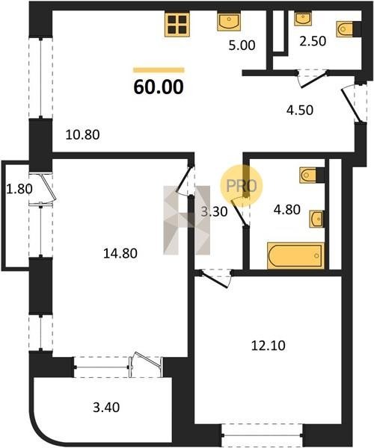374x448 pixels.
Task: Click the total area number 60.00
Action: tap(159, 87)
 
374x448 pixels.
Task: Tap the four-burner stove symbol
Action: tap(177, 25)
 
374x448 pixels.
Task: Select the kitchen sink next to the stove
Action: tap(229, 22)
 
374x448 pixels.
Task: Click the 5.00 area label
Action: tap(242, 46)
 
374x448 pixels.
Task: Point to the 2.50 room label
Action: tap(313, 41)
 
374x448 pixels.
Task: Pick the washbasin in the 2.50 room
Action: tap(303, 19)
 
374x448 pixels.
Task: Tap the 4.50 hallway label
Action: tap(300, 110)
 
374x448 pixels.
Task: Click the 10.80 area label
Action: tap(82, 134)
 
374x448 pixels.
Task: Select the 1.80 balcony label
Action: tap(19, 189)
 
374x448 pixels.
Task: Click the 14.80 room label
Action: tap(120, 253)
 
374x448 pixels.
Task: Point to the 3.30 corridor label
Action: tap(214, 212)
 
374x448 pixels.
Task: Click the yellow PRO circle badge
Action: tap(241, 186)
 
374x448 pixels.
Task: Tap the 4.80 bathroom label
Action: tap(287, 210)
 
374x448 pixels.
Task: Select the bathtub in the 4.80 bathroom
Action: tap(295, 255)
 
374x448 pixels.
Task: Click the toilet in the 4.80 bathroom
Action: tap(312, 175)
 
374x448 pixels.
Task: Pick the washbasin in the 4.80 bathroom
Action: tap(317, 219)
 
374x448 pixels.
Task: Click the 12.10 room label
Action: tap(268, 346)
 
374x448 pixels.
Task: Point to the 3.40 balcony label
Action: tap(106, 407)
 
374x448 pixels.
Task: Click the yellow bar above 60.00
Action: tap(159, 70)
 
